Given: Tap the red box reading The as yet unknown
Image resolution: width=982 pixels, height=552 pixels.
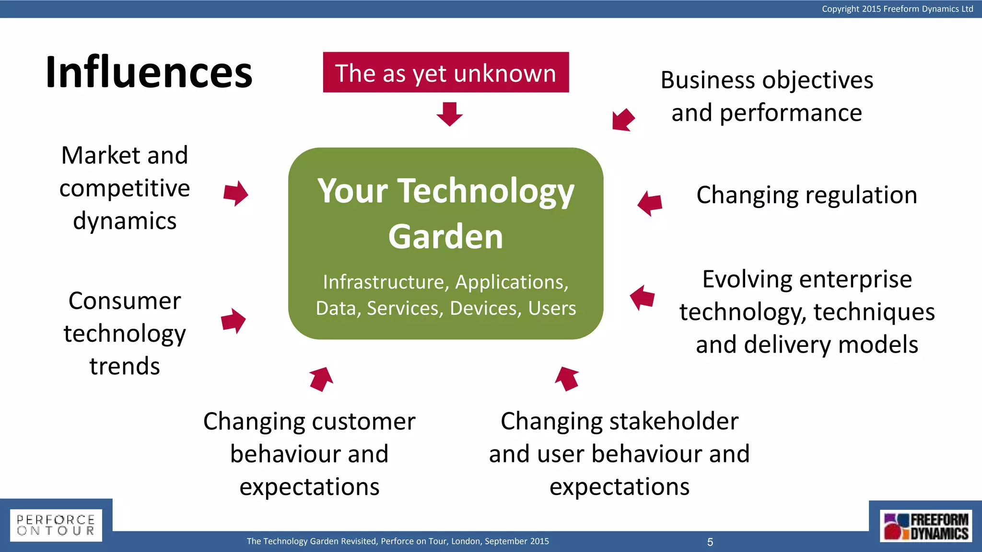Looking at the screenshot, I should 446,72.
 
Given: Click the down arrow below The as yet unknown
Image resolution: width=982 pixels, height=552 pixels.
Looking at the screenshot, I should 450,114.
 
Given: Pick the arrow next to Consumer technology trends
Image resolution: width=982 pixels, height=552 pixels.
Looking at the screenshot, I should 234,321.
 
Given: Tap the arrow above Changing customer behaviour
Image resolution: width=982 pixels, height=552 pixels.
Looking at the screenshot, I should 321,379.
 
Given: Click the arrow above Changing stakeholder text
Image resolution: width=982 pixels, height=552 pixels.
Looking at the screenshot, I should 567,379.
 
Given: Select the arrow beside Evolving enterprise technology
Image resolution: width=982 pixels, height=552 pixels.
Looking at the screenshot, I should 642,298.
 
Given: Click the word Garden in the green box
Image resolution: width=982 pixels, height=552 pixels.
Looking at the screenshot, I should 445,237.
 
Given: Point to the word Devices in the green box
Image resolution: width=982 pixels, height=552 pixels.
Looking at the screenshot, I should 486,308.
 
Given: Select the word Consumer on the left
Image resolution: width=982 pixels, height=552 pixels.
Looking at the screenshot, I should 125,301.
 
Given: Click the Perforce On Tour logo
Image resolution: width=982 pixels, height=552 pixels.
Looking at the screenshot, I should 56,525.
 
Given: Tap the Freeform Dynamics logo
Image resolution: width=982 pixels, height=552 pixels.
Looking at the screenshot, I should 926,526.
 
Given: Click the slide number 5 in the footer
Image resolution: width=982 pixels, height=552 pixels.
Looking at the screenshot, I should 710,542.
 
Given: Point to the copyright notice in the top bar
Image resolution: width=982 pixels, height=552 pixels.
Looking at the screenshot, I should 897,9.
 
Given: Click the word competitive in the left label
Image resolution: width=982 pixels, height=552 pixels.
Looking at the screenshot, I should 125,188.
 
